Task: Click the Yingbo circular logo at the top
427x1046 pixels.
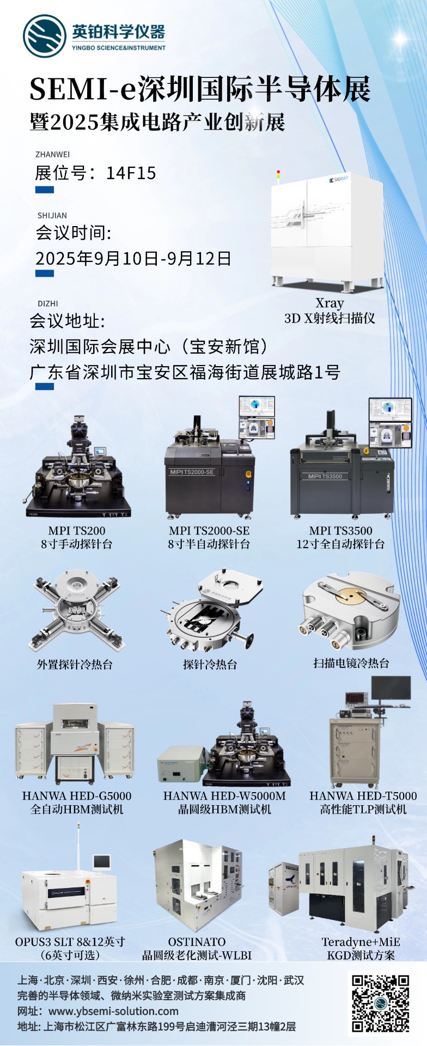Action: click(x=45, y=36)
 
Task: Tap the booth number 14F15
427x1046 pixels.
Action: click(x=131, y=173)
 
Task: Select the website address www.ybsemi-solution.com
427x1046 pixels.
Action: click(x=113, y=1011)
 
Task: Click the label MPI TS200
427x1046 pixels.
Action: click(x=77, y=531)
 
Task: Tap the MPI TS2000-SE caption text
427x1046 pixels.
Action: click(x=209, y=531)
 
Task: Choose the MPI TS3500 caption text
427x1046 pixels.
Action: click(x=341, y=531)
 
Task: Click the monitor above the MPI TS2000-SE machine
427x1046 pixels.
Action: click(x=257, y=416)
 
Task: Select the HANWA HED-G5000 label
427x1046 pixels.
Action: click(x=77, y=796)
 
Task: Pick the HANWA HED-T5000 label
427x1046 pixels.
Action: click(x=363, y=796)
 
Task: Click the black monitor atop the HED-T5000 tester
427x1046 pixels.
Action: click(x=391, y=691)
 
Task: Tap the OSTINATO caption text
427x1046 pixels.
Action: click(x=197, y=942)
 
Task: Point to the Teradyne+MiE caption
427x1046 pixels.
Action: click(x=361, y=942)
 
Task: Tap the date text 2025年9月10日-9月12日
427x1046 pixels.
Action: click(x=133, y=258)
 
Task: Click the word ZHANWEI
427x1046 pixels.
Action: click(x=53, y=155)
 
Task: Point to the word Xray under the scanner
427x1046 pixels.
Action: click(x=330, y=303)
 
